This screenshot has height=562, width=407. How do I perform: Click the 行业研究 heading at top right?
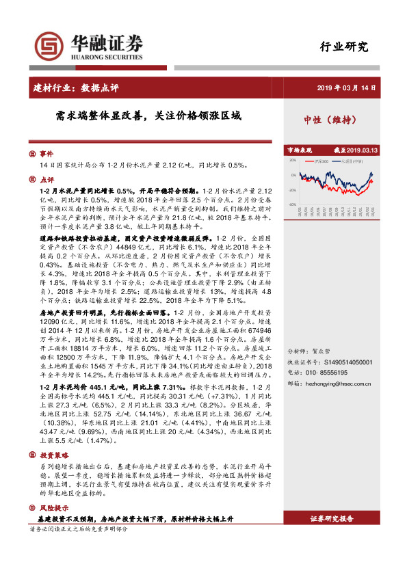[344, 47]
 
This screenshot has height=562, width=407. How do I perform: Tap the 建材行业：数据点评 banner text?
[75, 88]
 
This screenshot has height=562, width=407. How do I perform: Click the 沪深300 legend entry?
[320, 162]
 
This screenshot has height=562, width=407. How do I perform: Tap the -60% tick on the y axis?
[292, 204]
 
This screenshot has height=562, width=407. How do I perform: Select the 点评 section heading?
[45, 180]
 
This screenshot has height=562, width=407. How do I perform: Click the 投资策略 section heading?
[54, 454]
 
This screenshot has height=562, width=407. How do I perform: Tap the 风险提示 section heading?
[54, 509]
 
